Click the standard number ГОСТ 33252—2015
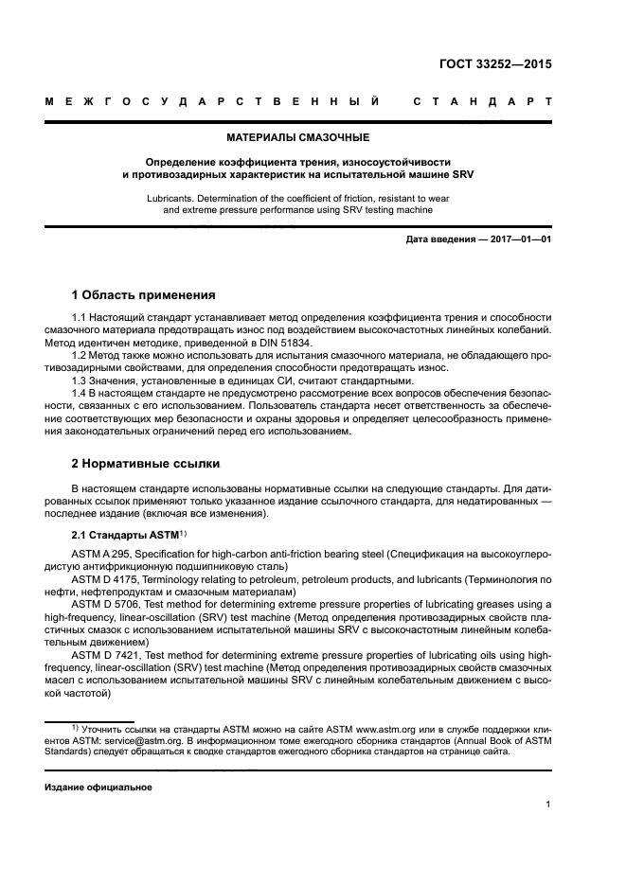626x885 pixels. [495, 65]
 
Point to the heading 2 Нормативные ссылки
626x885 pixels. [146, 464]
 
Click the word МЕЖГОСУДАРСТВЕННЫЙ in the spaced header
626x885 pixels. [213, 101]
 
